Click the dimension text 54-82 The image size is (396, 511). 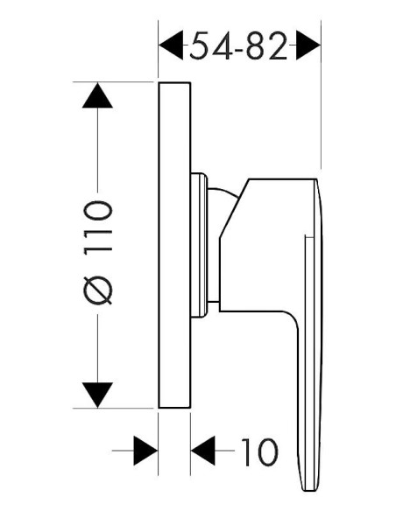(238, 45)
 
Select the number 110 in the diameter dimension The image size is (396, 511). (98, 227)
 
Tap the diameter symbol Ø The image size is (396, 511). (98, 290)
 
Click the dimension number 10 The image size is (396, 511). (259, 451)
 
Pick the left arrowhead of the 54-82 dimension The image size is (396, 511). (171, 45)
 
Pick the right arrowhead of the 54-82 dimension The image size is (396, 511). (308, 45)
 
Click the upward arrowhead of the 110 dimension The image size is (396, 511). (97, 95)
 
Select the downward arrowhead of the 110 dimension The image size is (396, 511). (97, 395)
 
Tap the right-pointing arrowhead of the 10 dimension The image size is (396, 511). (145, 451)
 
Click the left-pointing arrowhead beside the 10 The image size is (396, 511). (203, 451)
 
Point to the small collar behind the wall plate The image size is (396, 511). (199, 245)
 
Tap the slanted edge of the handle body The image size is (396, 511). (234, 208)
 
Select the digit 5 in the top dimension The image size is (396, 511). (199, 46)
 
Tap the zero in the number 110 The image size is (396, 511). (98, 212)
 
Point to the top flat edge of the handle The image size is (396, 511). (283, 178)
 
